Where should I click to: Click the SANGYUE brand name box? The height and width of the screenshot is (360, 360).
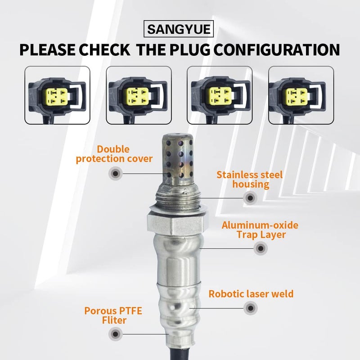[180, 30]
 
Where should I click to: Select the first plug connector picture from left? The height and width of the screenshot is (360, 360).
[57, 95]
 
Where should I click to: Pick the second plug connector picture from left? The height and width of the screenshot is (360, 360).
[139, 95]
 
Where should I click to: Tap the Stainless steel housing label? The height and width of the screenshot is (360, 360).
[249, 179]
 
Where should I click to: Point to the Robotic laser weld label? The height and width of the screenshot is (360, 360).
[251, 294]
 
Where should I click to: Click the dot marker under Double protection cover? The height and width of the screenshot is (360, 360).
[116, 173]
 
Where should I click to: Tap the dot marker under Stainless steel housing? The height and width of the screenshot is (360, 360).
[249, 198]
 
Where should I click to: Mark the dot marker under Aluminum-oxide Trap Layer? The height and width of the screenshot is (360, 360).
[260, 248]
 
